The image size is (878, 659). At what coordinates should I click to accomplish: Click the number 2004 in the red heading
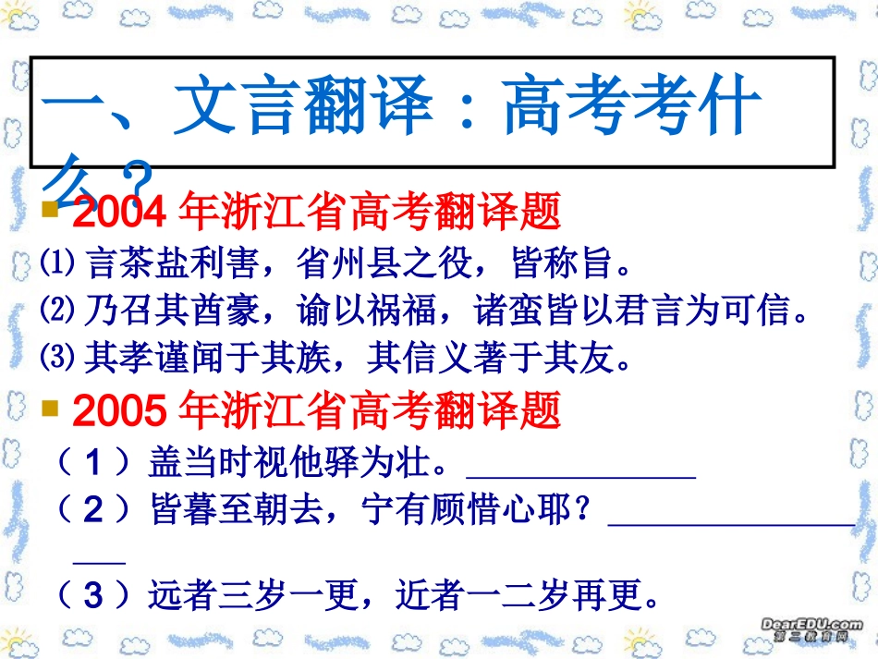[x=118, y=214]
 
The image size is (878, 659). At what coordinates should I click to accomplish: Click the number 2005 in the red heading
[x=118, y=412]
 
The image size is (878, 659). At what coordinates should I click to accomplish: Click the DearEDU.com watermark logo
[x=811, y=630]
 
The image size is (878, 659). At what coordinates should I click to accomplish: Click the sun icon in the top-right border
[x=640, y=13]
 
